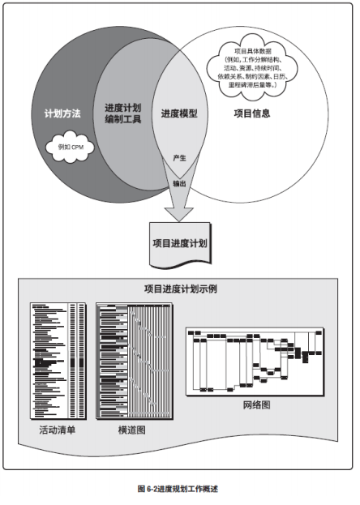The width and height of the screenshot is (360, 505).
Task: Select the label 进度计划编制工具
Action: click(123, 113)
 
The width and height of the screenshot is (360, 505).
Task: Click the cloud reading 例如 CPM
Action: click(69, 145)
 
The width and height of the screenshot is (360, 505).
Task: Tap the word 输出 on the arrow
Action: click(180, 183)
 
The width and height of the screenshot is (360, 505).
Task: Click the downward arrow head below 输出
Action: click(179, 212)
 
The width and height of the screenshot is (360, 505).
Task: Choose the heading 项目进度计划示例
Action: click(179, 289)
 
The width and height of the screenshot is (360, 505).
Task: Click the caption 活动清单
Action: click(58, 429)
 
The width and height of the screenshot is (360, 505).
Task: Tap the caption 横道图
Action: click(130, 429)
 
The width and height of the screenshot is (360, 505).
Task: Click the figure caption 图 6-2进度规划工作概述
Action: click(178, 489)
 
